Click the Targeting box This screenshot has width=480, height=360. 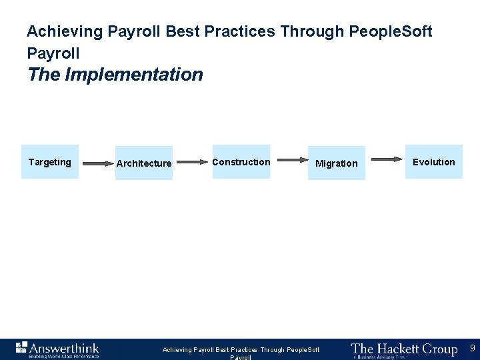pyautogui.click(x=50, y=162)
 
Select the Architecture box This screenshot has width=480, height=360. pyautogui.click(x=143, y=163)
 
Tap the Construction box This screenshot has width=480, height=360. pyautogui.click(x=241, y=162)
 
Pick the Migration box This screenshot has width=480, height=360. pyautogui.click(x=337, y=163)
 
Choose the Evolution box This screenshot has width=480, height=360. pyautogui.click(x=434, y=162)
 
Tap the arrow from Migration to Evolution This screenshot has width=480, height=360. pyautogui.click(x=386, y=159)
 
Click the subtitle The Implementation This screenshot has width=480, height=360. pyautogui.click(x=115, y=74)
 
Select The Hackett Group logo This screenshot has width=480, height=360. pyautogui.click(x=404, y=349)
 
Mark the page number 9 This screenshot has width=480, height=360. pyautogui.click(x=472, y=348)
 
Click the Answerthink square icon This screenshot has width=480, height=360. pyautogui.click(x=21, y=347)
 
